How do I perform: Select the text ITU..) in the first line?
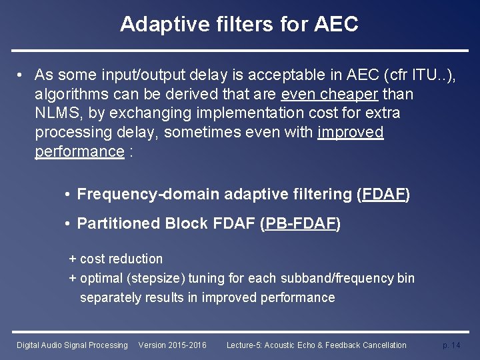tap(434, 74)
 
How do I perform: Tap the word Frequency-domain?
tap(148, 195)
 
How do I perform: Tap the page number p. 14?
tap(451, 345)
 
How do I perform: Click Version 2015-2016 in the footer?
tap(172, 345)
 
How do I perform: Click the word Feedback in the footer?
tap(335, 345)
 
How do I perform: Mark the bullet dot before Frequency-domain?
tap(69, 195)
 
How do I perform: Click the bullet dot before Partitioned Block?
tap(69, 224)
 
